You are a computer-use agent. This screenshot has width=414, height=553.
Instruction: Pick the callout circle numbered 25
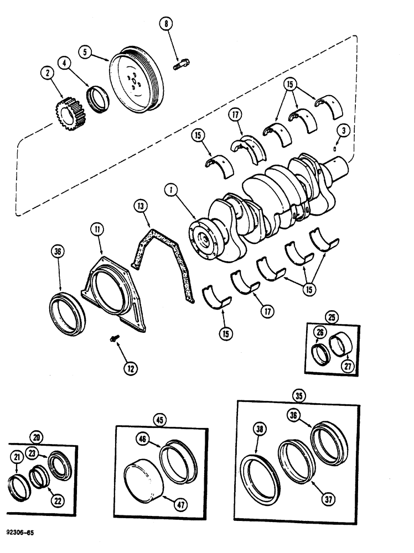[331, 317]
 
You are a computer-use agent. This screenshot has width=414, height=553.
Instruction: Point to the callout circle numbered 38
[258, 428]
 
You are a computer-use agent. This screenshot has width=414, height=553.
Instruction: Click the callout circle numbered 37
[329, 498]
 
